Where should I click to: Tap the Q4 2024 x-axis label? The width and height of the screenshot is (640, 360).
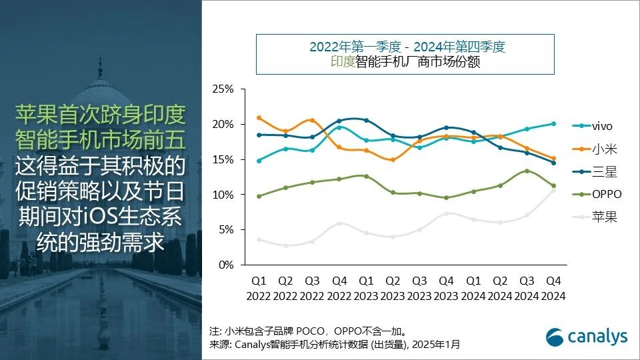(553, 289)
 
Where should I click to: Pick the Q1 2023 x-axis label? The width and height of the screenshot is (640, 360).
(365, 289)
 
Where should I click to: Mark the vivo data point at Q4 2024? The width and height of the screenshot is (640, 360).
(553, 123)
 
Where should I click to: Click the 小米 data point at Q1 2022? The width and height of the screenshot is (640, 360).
(259, 118)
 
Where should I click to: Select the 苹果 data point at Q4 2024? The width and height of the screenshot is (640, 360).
(553, 191)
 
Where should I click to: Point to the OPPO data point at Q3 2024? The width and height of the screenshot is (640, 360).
(527, 171)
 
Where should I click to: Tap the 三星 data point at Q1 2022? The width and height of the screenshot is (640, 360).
(259, 135)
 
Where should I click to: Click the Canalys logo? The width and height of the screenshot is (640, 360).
(587, 337)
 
